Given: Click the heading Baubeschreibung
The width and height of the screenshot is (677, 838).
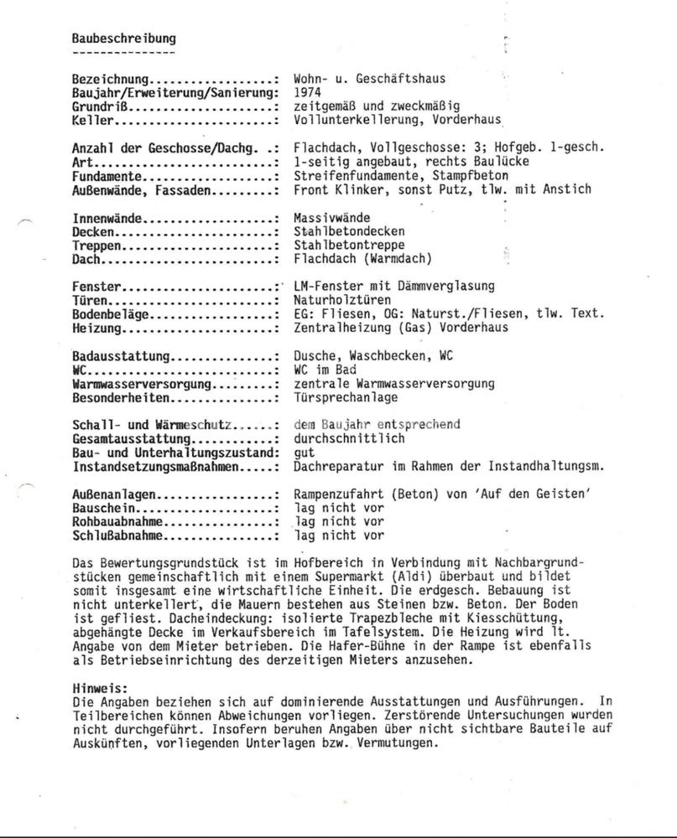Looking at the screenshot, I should pyautogui.click(x=124, y=38).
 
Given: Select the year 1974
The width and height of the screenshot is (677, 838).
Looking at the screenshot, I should pyautogui.click(x=308, y=93).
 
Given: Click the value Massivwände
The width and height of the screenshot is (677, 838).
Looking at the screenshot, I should pyautogui.click(x=332, y=218).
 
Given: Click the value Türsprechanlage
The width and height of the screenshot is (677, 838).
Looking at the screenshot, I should pyautogui.click(x=346, y=397).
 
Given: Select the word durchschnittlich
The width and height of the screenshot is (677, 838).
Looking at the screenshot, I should pyautogui.click(x=349, y=438).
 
